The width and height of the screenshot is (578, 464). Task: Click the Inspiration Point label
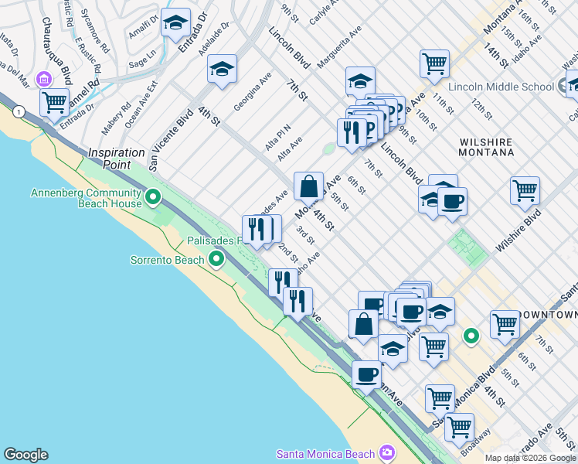117,153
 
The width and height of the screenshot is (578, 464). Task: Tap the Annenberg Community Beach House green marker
153,199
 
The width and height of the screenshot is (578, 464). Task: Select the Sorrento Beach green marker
219,260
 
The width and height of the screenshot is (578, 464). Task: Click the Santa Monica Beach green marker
386,452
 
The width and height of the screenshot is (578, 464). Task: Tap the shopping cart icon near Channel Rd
54,101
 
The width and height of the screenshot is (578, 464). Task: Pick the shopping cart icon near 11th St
434,63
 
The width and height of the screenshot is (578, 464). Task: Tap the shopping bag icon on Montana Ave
308,186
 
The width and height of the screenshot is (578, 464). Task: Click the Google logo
25,455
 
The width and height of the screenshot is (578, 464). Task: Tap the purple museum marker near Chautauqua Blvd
44,79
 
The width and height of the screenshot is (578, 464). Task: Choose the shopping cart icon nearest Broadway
459,426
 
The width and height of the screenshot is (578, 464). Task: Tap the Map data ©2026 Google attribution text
530,458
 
